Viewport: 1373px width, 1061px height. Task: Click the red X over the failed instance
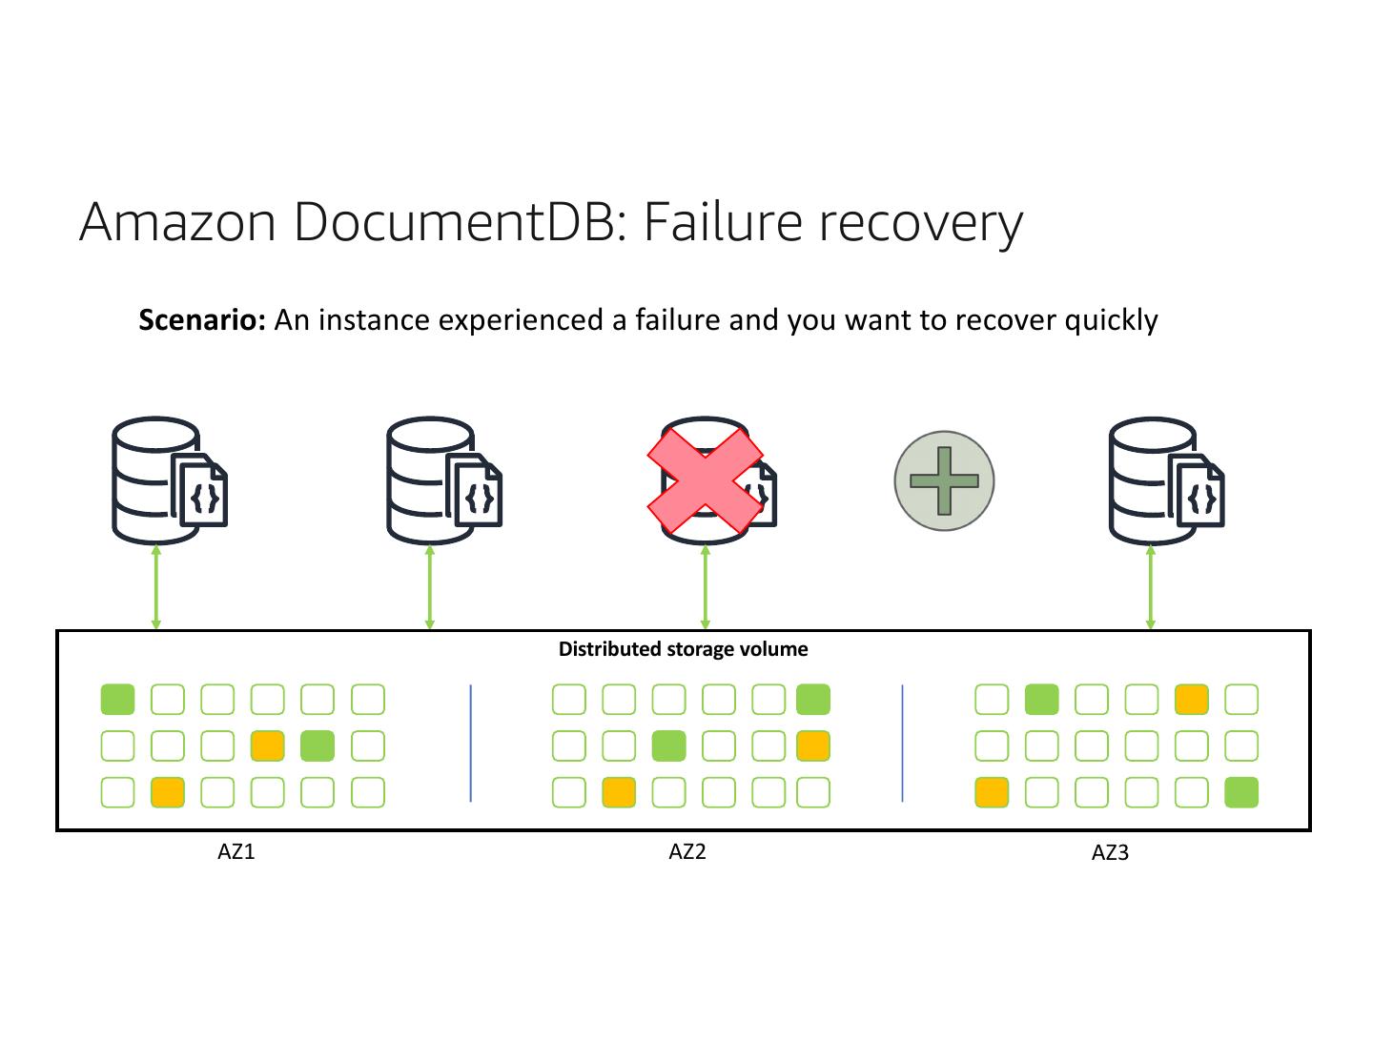[x=706, y=480]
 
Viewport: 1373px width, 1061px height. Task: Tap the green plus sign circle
[x=944, y=480]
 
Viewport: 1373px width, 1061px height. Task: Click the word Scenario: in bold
[x=201, y=320]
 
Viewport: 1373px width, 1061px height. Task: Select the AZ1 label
[x=236, y=851]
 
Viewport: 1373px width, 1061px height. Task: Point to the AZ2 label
[x=687, y=851]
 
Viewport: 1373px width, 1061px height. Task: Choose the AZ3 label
[x=1110, y=852]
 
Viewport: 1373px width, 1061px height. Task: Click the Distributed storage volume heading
[x=683, y=649]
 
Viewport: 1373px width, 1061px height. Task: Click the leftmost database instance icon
[x=168, y=480]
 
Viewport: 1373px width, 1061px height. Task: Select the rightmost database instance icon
[x=1165, y=480]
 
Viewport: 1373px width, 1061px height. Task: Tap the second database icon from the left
[x=442, y=480]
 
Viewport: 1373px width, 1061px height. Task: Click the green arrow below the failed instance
[x=706, y=587]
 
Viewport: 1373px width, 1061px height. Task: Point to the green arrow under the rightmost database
[x=1150, y=587]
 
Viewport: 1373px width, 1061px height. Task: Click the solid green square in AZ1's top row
[x=117, y=700]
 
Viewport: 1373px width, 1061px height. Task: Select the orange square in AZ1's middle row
[x=267, y=745]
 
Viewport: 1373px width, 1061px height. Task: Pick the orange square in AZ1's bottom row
[x=168, y=792]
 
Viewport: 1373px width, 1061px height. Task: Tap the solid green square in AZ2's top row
[x=813, y=700]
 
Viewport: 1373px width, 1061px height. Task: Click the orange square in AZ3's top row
[x=1192, y=700]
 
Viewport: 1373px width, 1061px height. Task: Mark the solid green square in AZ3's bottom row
[x=1241, y=792]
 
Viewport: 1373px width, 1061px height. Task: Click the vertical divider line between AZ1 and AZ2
[x=471, y=744]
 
